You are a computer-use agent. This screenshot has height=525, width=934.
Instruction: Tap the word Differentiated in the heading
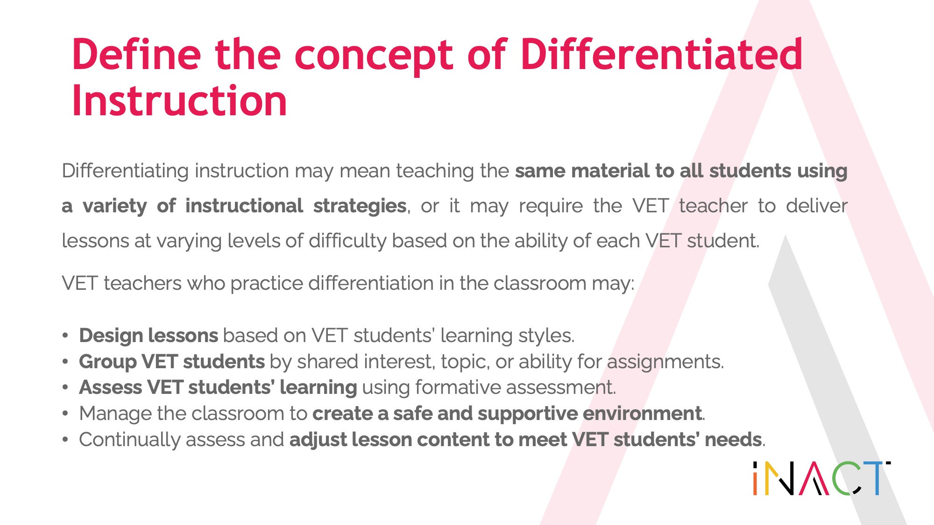tap(661, 54)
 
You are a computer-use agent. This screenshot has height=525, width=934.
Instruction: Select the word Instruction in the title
tap(179, 101)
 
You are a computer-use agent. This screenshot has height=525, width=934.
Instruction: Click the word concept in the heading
tap(373, 58)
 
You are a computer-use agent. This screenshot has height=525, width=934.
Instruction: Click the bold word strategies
tap(360, 206)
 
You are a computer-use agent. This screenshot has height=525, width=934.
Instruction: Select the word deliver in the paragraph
tap(817, 205)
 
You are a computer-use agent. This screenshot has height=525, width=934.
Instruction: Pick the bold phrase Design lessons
tap(149, 336)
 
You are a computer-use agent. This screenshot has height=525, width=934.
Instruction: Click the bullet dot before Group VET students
tap(66, 362)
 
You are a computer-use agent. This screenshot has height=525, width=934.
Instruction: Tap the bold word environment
tap(642, 413)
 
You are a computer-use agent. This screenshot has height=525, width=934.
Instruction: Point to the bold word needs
tap(733, 440)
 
